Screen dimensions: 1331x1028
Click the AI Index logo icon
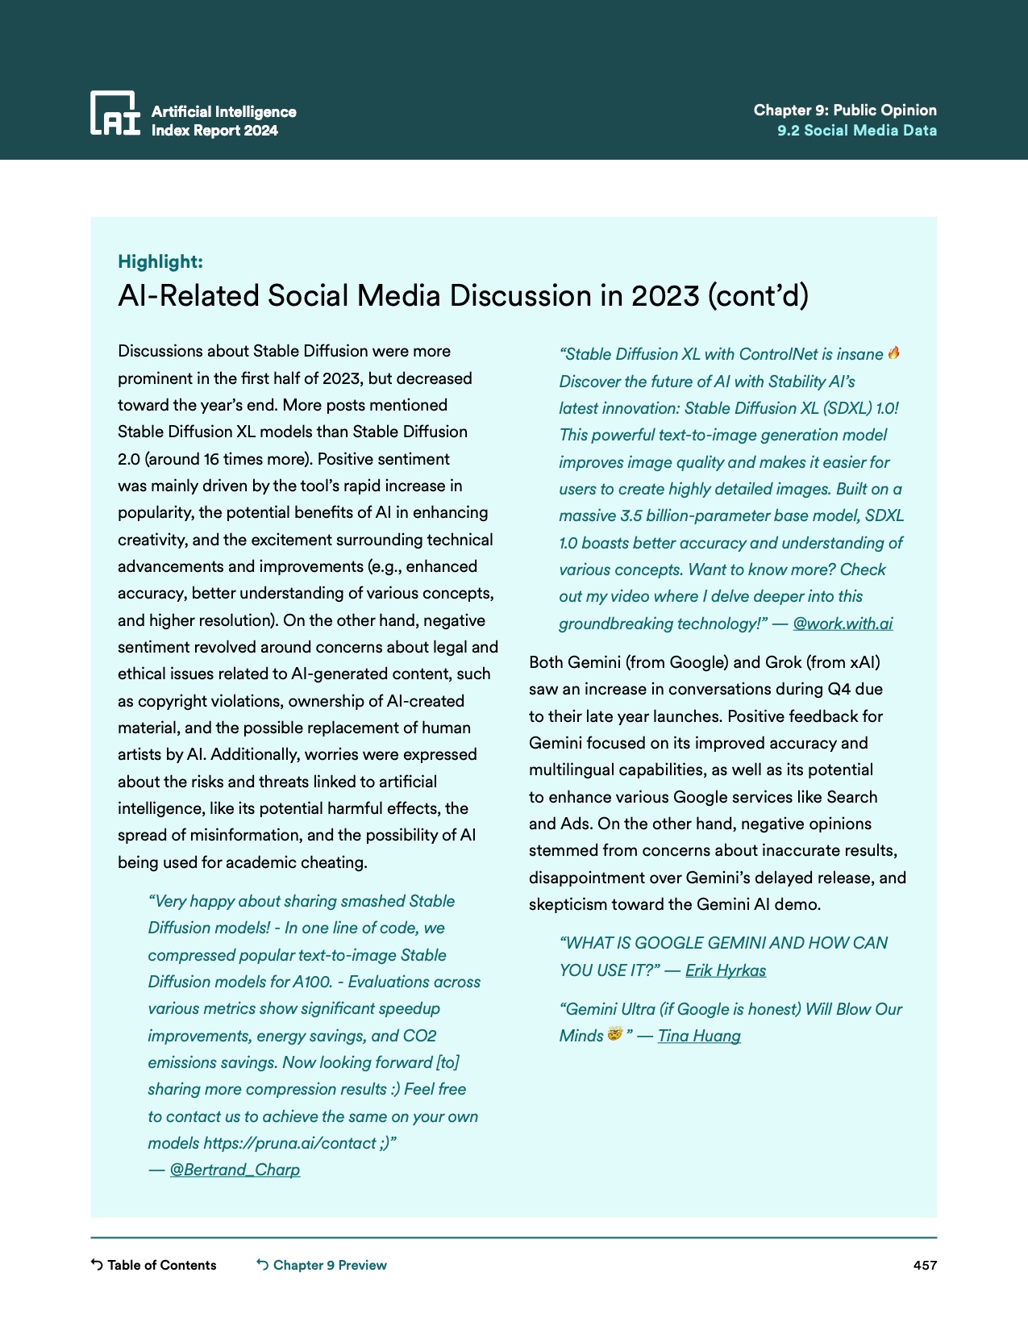pos(114,113)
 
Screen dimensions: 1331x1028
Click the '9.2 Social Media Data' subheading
pos(856,131)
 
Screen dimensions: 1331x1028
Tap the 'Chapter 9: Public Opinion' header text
pos(844,111)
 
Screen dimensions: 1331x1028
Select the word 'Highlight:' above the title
pos(160,261)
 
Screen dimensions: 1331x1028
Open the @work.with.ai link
pos(843,624)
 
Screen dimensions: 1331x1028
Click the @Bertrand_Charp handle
pos(235,1170)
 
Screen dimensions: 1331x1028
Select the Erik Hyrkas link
pos(725,970)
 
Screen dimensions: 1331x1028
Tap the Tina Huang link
pos(698,1036)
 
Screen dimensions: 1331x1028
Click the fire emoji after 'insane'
pos(893,353)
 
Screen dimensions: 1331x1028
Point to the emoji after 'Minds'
pos(614,1034)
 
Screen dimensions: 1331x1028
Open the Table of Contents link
pos(161,1265)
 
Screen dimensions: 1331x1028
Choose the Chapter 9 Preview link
pos(330,1265)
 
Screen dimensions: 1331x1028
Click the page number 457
pos(924,1265)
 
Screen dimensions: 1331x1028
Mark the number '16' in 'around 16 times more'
pos(211,459)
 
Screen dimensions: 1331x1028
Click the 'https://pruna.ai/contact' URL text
pos(289,1143)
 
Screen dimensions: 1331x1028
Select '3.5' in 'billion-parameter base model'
pos(631,515)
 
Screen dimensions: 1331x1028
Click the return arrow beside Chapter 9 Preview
pos(263,1265)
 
